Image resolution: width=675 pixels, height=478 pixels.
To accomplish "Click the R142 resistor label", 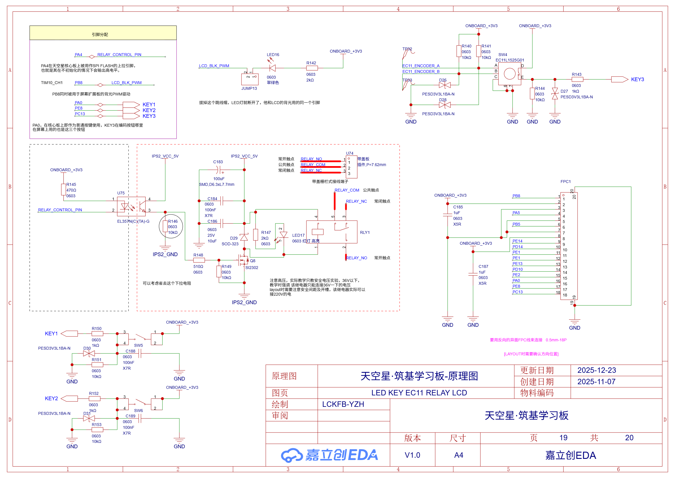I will tap(311, 63).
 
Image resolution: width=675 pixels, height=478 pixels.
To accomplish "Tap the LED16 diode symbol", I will tap(272, 68).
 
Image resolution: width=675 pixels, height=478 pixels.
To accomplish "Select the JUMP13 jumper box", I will tap(249, 79).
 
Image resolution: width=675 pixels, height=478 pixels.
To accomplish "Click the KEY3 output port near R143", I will tap(619, 79).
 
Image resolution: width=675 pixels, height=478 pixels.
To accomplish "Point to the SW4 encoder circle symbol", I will tap(509, 73).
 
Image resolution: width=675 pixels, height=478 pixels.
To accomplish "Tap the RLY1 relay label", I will tap(365, 232).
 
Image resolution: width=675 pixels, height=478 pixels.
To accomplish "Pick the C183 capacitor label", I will tap(218, 162).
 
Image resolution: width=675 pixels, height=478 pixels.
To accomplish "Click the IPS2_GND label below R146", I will tap(165, 254).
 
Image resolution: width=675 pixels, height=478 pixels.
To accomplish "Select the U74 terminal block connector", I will tap(351, 167).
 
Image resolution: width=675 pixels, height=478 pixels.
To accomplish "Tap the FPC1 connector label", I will tap(565, 182).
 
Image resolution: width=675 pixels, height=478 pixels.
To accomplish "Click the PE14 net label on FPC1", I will tap(517, 241).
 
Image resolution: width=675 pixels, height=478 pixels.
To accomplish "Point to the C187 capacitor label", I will tap(483, 266).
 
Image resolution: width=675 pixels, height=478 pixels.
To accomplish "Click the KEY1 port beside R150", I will tap(69, 333).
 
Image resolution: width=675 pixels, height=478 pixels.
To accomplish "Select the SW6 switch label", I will tap(138, 411).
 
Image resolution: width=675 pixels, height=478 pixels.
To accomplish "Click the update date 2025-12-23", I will tap(596, 370).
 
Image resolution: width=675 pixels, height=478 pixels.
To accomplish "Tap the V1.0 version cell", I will tap(412, 455).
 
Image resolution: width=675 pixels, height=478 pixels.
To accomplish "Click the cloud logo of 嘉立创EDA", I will tap(291, 455).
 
